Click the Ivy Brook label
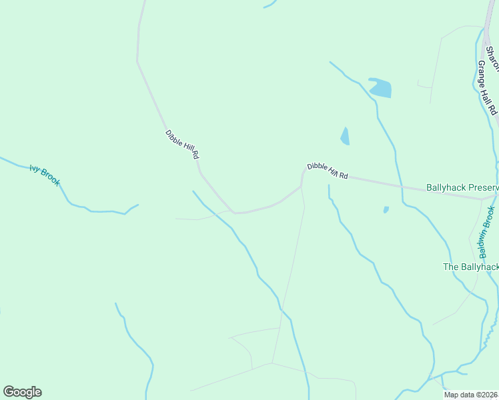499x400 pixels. pos(45,175)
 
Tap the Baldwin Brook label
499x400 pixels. pos(486,232)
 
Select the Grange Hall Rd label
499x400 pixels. pos(488,87)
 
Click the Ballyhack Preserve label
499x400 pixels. pos(462,188)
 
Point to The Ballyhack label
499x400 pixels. pos(471,267)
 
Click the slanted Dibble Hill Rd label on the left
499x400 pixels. pos(182,144)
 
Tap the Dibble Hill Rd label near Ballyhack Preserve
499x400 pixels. pos(328,171)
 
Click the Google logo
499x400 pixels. pos(22,392)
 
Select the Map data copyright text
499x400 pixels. pos(471,395)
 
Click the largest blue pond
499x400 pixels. pos(380,88)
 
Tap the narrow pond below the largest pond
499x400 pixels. pos(345,137)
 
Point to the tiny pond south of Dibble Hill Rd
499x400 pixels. pos(386,209)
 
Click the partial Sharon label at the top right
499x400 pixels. pos(494,61)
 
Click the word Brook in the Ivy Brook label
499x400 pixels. pos(51,178)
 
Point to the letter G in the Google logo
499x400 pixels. pos(9,391)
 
